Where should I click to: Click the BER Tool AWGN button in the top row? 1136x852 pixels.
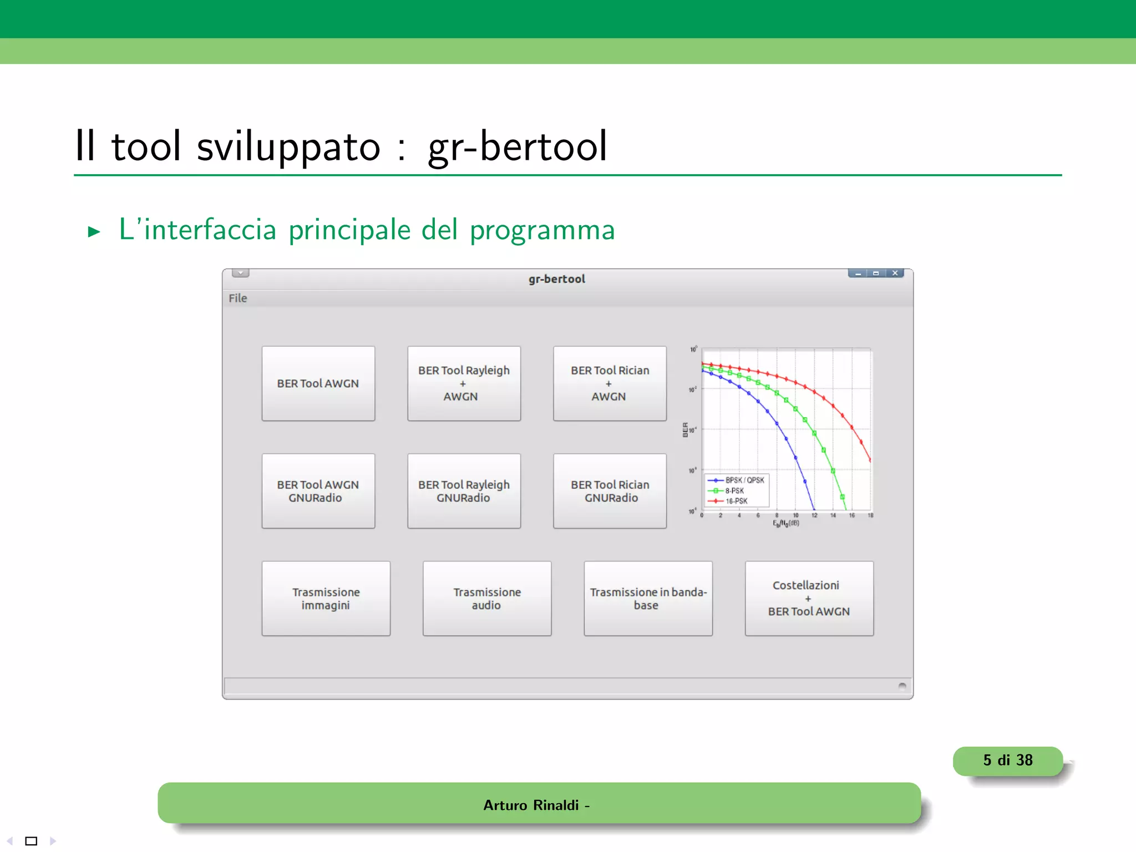[318, 383]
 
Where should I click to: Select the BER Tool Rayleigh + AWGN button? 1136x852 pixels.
[464, 383]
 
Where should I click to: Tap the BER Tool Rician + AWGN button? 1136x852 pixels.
[610, 383]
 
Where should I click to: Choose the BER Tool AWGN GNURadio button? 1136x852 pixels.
[318, 491]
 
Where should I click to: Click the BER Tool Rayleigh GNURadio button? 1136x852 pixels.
[464, 491]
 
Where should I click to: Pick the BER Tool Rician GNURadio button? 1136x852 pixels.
[610, 491]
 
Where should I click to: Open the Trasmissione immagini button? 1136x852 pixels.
[326, 599]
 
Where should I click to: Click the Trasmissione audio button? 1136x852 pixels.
[487, 599]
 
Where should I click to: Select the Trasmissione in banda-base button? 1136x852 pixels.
[648, 599]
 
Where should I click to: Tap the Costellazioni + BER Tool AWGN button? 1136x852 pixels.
[809, 599]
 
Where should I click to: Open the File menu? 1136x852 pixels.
[238, 298]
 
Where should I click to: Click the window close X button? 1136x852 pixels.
[895, 273]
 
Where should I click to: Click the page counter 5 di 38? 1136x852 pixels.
[1008, 760]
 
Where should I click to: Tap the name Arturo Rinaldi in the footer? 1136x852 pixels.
[531, 805]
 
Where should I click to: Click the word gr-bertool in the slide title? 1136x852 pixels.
[518, 146]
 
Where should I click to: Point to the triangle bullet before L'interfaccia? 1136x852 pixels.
[94, 231]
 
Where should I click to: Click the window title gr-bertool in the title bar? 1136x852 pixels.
[556, 279]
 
